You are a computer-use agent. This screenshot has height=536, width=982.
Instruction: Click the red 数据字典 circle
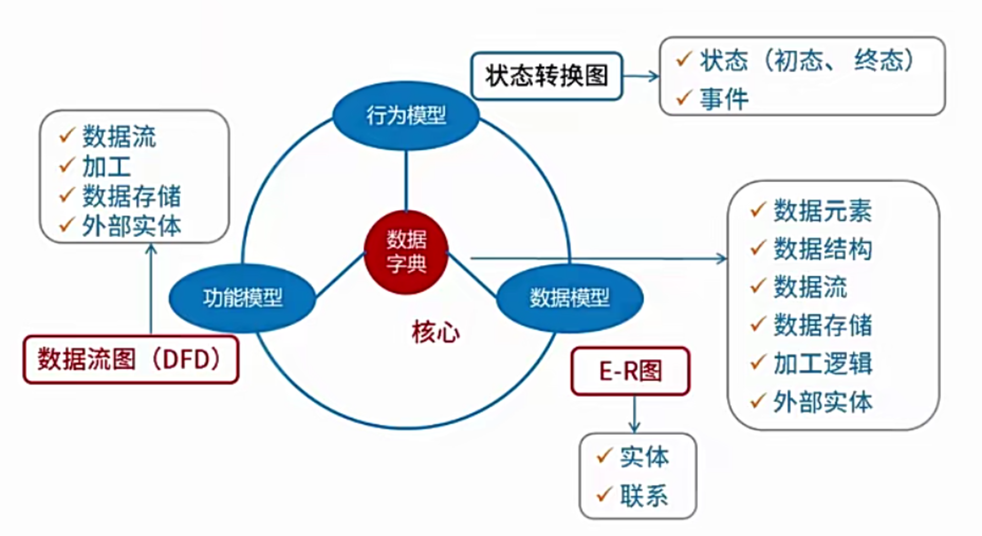pos(406,252)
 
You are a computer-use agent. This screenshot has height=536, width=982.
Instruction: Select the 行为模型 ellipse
pos(406,115)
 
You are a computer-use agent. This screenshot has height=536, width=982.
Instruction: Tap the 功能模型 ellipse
pos(243,298)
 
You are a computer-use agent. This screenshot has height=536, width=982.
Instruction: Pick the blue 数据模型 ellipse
pos(570,298)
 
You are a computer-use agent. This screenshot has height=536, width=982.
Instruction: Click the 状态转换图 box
pos(546,76)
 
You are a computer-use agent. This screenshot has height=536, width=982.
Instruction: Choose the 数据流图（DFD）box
pos(131,359)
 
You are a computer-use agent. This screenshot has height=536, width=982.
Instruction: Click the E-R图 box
pos(630,371)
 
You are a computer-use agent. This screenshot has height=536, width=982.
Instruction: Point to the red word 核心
pos(436,332)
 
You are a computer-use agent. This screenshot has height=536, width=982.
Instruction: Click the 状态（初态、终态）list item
pos(807,60)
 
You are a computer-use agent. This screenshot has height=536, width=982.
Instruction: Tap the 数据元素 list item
pos(822,210)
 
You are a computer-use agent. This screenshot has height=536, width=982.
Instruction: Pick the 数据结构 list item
pos(822,248)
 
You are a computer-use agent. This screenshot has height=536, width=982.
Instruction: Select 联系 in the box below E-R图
pos(644,496)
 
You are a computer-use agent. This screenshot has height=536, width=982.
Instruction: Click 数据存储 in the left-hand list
pos(132,196)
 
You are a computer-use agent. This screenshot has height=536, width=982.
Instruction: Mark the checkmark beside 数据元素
pos(758,209)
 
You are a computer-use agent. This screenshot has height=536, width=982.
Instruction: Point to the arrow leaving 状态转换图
pos(641,76)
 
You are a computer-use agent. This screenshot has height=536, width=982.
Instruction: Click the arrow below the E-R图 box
pos(634,414)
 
